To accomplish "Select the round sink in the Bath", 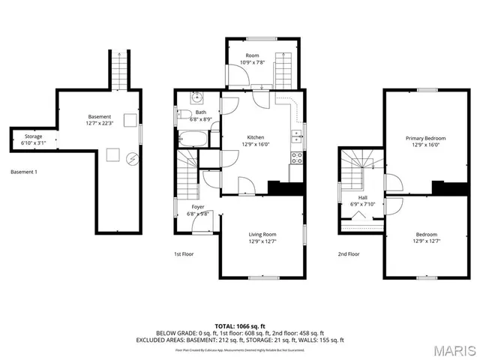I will click(196, 97).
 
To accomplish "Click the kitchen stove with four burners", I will click(296, 157).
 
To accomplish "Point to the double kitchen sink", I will click(298, 136).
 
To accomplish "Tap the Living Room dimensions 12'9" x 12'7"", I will click(262, 241).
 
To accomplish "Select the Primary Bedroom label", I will click(425, 138).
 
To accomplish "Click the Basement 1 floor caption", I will click(24, 172).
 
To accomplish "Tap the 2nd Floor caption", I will click(348, 253).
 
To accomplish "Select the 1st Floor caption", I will click(184, 253).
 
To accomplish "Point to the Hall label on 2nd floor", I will click(362, 197).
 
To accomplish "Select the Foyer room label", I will click(198, 206).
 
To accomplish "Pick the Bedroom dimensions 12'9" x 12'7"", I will click(426, 241).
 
